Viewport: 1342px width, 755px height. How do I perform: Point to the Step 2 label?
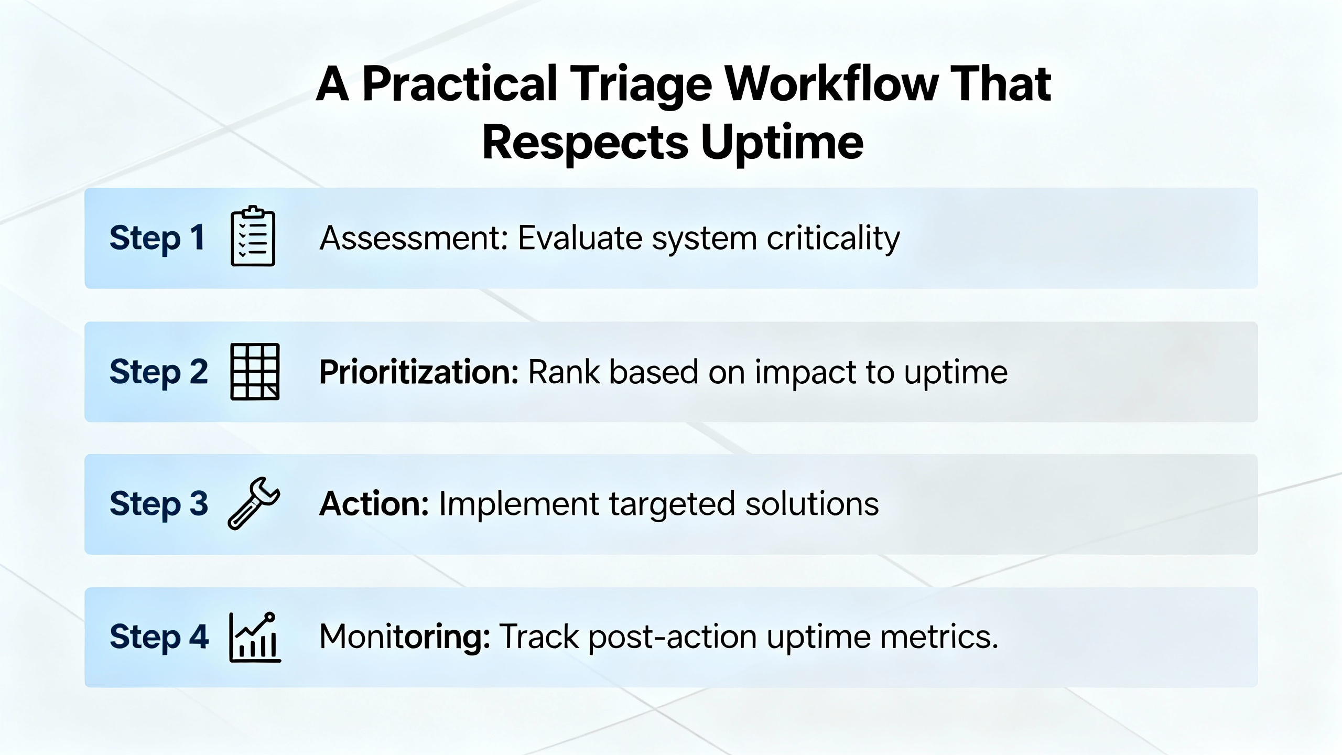159,372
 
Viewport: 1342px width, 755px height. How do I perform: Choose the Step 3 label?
159,504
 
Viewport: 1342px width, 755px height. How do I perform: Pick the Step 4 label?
159,637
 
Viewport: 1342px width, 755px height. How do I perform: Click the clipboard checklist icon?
253,236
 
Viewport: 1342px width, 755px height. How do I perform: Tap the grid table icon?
255,372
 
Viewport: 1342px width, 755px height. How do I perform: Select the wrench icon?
254,503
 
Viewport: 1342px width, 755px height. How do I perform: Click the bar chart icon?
255,637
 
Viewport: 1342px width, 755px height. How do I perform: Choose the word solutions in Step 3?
812,504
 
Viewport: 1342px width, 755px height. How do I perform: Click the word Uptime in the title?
782,144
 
